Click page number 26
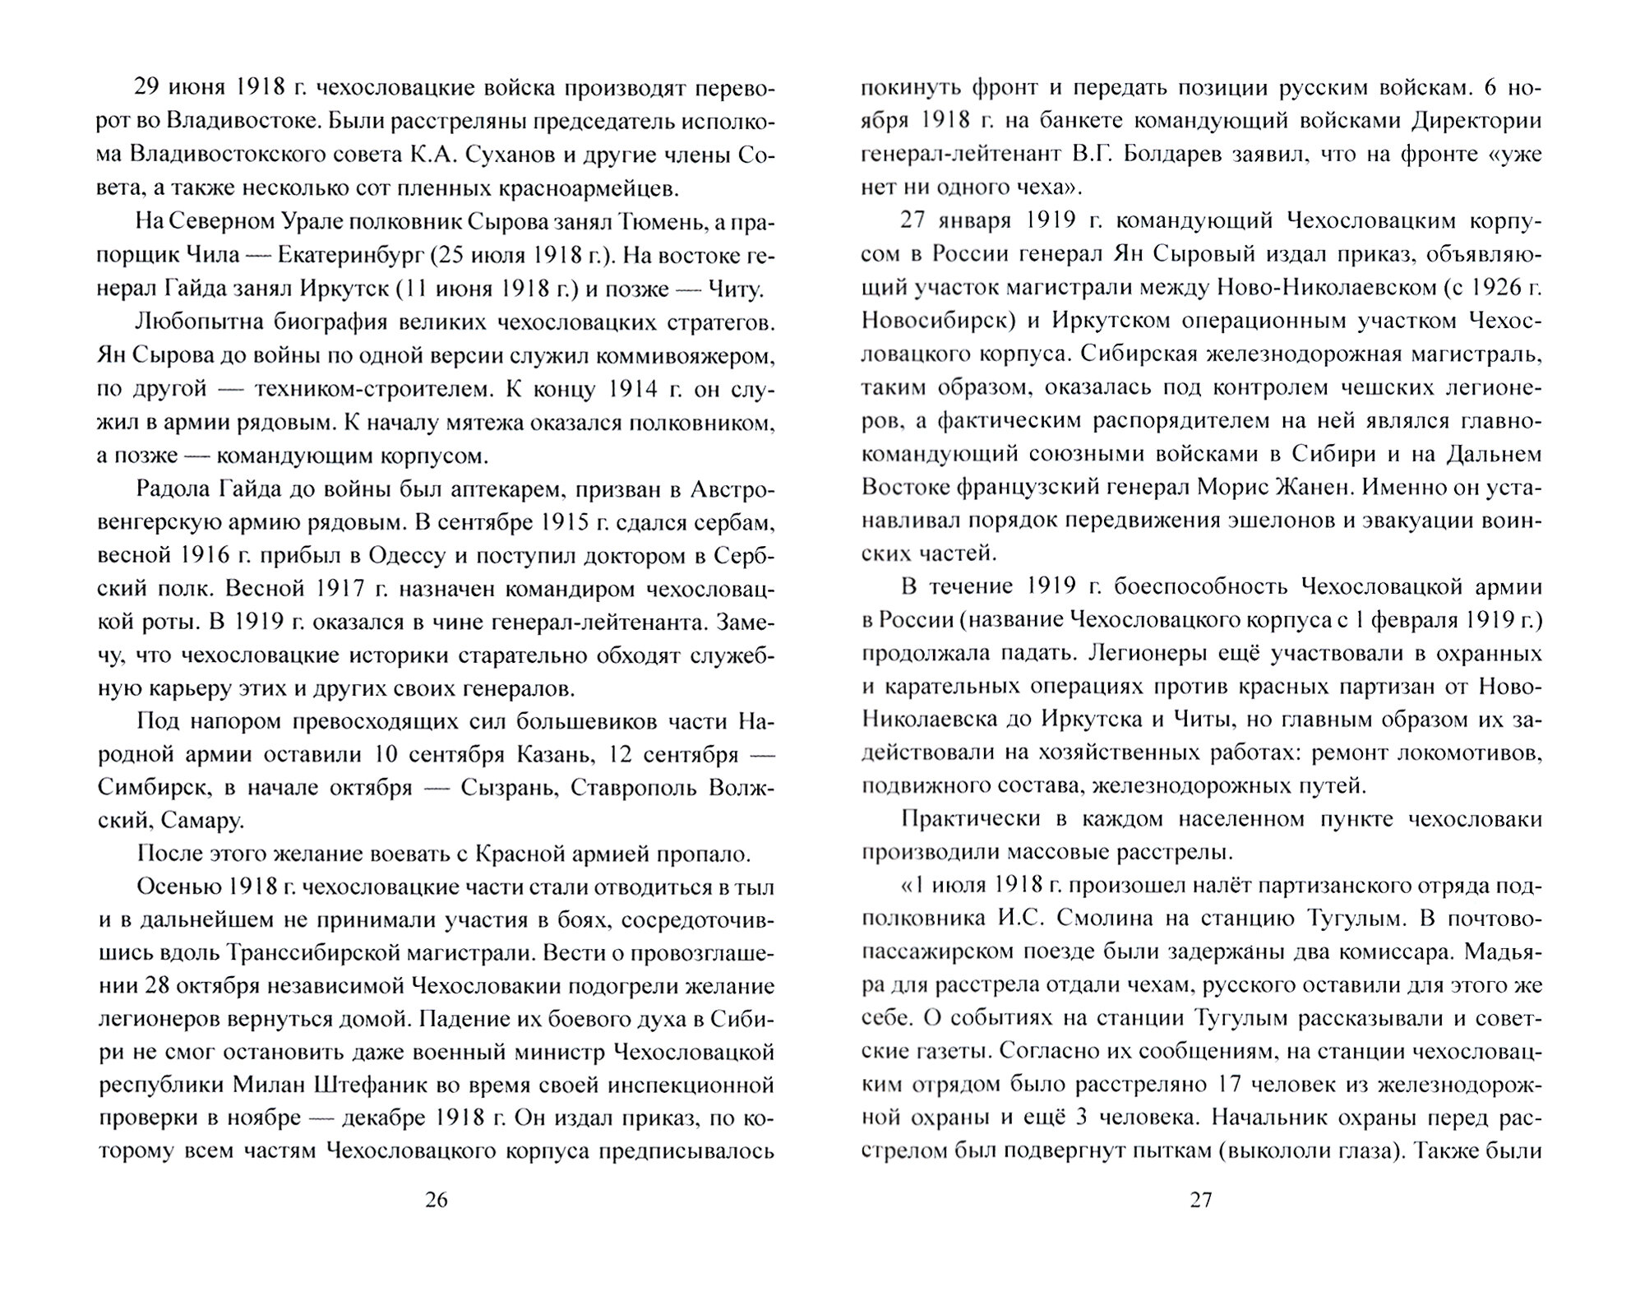tap(437, 1200)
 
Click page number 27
tap(1201, 1200)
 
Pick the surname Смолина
tap(1083, 919)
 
